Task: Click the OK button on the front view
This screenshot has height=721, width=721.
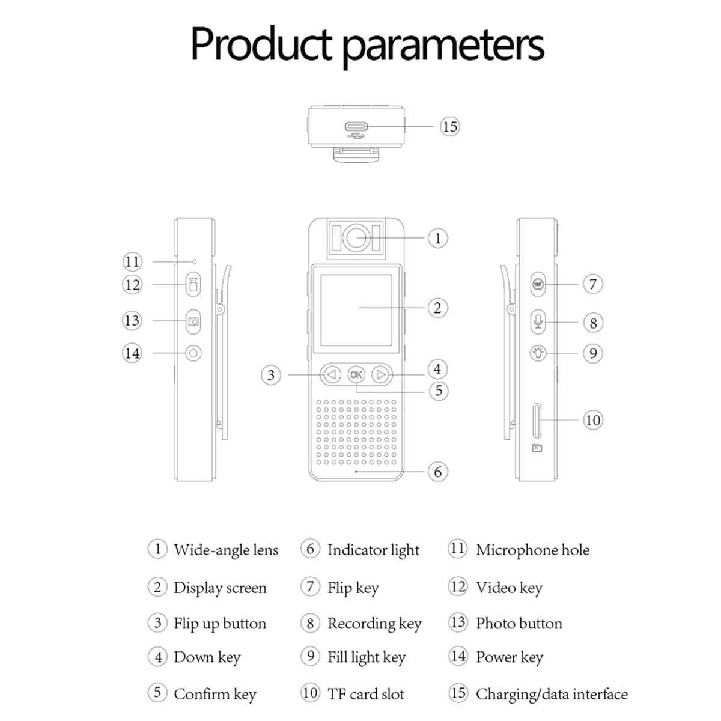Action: [x=356, y=375]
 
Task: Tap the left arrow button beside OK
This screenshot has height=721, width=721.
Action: [x=332, y=375]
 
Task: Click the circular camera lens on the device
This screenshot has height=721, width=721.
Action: [x=356, y=237]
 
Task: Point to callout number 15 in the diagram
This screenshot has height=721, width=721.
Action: [x=449, y=127]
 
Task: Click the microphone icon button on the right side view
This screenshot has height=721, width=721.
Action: [x=538, y=321]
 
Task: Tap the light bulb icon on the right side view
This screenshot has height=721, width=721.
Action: [x=538, y=353]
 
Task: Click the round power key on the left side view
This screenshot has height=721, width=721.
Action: [x=193, y=353]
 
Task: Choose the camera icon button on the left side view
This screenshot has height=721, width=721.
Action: [x=193, y=321]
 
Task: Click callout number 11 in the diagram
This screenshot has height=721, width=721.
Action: [x=132, y=262]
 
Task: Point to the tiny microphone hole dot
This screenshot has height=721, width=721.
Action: [x=195, y=262]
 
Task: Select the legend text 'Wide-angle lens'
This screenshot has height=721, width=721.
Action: [x=226, y=550]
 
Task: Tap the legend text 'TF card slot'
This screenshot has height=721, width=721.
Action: [x=365, y=694]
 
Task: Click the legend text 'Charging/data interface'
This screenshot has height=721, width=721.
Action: [x=552, y=694]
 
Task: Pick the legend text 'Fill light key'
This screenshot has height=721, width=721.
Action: [x=367, y=657]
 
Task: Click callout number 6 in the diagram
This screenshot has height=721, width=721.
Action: [x=437, y=472]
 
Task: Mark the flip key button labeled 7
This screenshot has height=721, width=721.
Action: [x=538, y=284]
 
